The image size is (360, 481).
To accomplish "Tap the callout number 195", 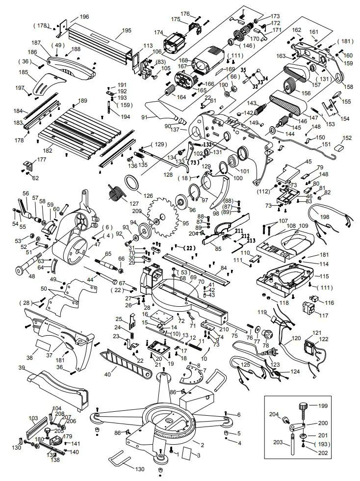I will tap(127, 30).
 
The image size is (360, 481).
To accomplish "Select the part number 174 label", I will tap(158, 33).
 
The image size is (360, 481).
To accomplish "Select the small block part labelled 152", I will tap(338, 146).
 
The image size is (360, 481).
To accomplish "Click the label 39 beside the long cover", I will tap(22, 368).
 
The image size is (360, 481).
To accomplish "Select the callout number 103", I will tap(33, 419).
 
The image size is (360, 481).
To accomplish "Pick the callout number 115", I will tap(310, 277).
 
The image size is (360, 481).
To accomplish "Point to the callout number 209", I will tap(136, 211).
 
